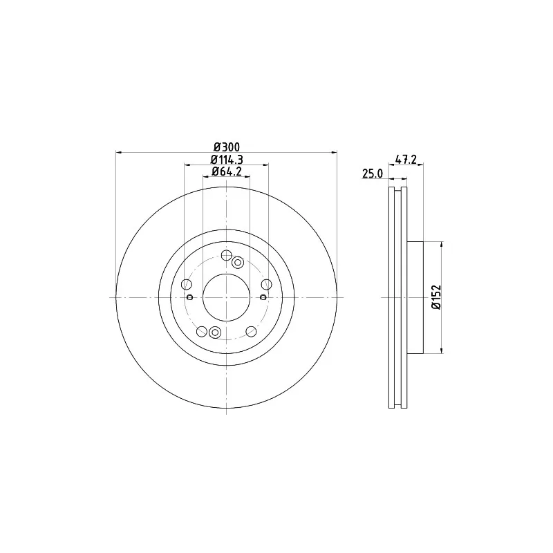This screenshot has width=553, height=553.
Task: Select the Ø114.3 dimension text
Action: [227, 160]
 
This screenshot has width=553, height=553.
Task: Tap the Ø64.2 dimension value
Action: [227, 171]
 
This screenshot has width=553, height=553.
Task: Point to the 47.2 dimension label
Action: [406, 160]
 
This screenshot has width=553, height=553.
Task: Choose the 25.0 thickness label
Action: [373, 174]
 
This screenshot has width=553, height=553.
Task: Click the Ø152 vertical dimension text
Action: [437, 297]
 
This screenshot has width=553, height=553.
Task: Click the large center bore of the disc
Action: [227, 297]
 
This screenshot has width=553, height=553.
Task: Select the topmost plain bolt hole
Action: [226, 255]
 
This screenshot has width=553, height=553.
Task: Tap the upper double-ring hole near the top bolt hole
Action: [238, 263]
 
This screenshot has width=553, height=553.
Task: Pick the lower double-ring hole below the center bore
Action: [214, 332]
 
